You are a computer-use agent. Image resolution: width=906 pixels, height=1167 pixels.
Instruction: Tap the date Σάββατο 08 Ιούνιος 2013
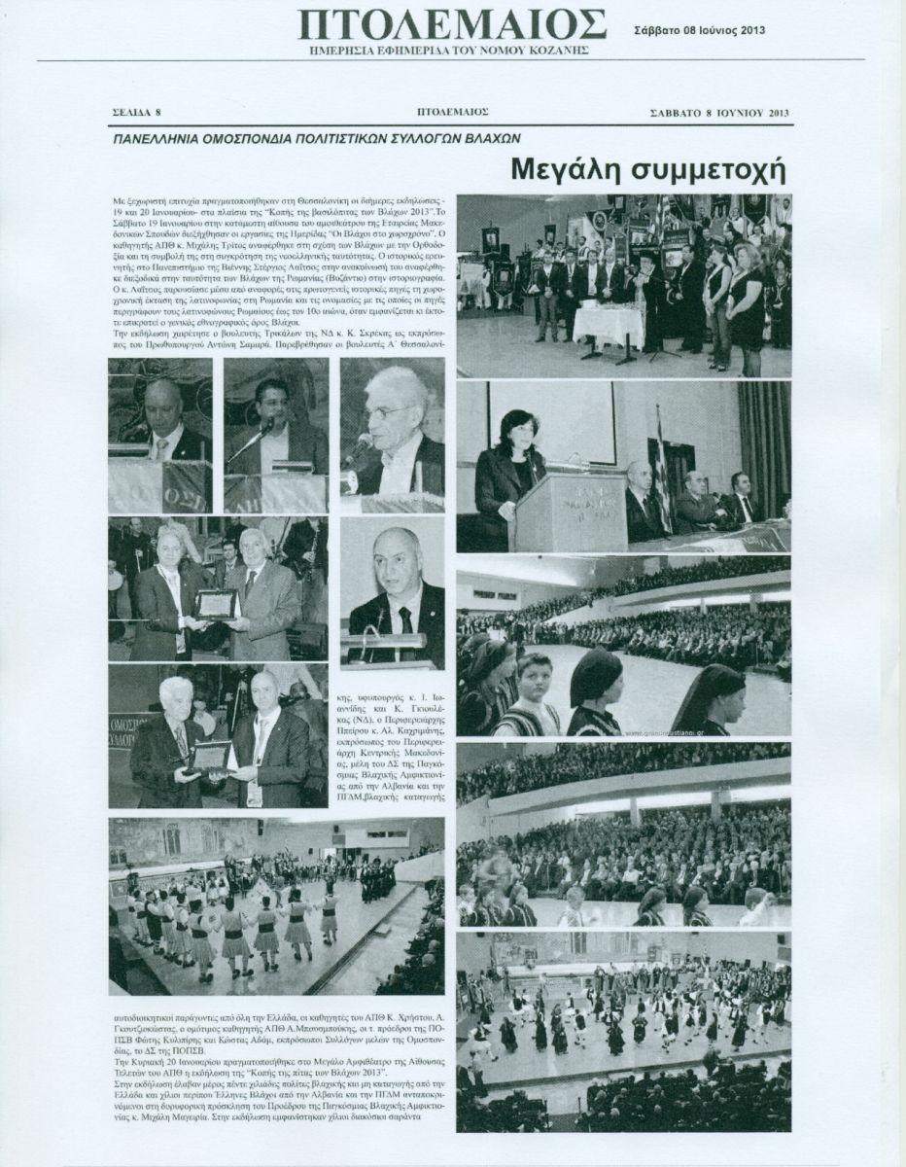[699, 29]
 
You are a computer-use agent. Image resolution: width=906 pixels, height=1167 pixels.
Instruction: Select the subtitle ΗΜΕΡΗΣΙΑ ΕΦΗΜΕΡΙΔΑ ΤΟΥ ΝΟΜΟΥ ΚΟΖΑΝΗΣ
[452, 48]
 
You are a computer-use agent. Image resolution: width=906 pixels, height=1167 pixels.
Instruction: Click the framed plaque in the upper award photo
[215, 604]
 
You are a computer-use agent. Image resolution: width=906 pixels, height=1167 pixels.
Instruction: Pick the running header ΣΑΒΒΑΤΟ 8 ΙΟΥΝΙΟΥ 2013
[719, 114]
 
